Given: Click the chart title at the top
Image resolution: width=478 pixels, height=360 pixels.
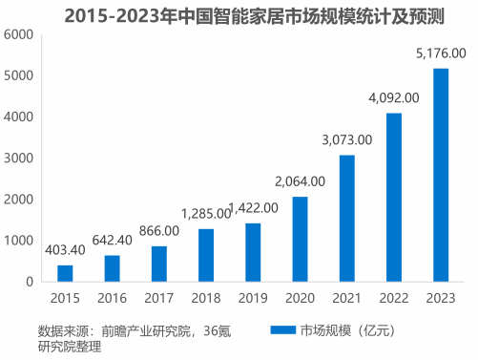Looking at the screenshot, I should coord(238,15).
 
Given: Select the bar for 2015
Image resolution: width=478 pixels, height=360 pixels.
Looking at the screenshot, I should coord(65,273).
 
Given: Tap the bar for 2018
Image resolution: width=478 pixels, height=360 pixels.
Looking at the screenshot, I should coord(206,255).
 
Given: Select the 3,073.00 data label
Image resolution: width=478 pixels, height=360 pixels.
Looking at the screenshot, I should coord(346,141).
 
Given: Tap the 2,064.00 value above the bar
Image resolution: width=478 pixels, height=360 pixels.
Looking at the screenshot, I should coord(300,181).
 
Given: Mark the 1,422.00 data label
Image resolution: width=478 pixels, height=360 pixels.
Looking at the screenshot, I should coord(255,208).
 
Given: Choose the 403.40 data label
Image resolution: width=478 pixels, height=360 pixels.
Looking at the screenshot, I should coord(65,250).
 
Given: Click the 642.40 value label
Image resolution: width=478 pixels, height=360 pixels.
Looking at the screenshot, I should coord(112,241).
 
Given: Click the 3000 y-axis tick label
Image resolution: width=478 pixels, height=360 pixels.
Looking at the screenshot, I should coord(20,158).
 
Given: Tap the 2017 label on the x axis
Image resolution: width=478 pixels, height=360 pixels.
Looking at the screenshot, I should coord(158,299).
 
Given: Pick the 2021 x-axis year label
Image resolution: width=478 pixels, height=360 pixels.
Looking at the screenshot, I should coord(346,299).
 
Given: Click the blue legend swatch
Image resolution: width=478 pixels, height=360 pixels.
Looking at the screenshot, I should coord(281,330).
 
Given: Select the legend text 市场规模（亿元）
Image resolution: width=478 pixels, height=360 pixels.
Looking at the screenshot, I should coord(342,330).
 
